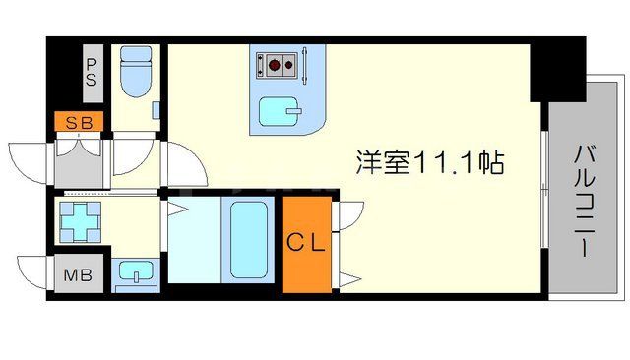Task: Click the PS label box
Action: (x=92, y=74)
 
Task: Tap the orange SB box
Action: (x=74, y=123)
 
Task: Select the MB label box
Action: (x=74, y=274)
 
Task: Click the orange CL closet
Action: (x=306, y=244)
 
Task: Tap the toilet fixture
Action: (x=133, y=72)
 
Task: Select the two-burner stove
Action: (x=278, y=66)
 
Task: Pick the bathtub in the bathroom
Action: (x=249, y=241)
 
